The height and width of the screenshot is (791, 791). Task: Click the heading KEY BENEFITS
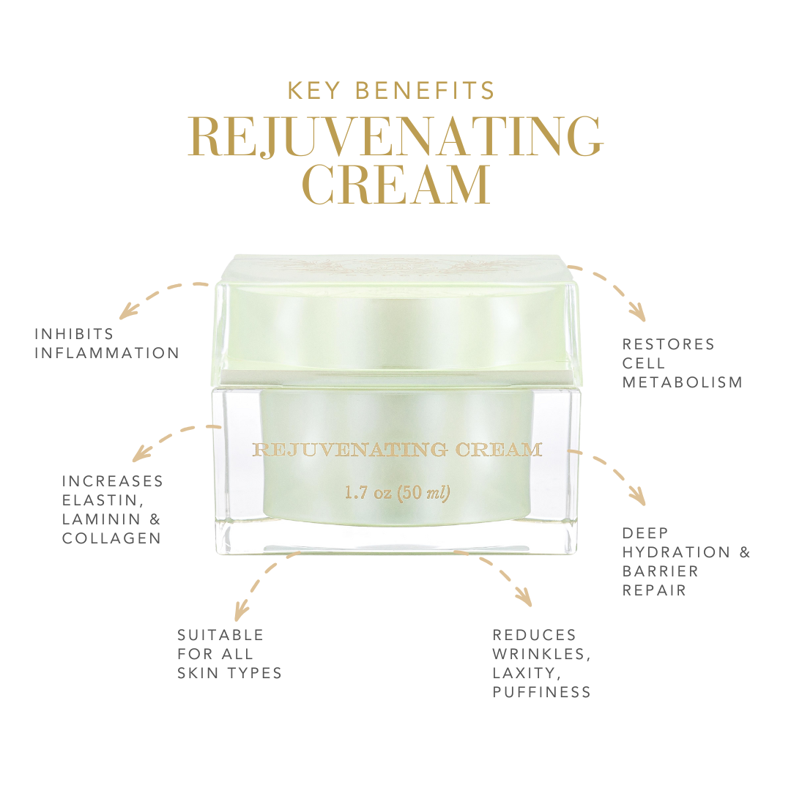pos(392,91)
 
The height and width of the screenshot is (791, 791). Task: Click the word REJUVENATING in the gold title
pos(395,137)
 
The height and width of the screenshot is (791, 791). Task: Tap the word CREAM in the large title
pos(395,185)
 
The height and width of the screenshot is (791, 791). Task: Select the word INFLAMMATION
pos(107,353)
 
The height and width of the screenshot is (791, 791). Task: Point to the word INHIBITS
pos(74,334)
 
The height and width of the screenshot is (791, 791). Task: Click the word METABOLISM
pos(683,382)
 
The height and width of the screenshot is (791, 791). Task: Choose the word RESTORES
pos(668,344)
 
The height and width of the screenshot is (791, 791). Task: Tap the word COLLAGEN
pos(111,538)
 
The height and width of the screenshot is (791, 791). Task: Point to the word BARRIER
pos(661,571)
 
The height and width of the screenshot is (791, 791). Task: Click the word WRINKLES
pos(541,653)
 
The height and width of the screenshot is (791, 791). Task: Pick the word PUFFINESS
pos(541,692)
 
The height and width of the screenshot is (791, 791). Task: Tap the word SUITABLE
pos(220,634)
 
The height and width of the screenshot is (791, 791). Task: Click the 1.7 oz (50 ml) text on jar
pos(397,493)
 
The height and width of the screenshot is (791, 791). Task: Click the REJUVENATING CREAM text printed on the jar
pos(397,450)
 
